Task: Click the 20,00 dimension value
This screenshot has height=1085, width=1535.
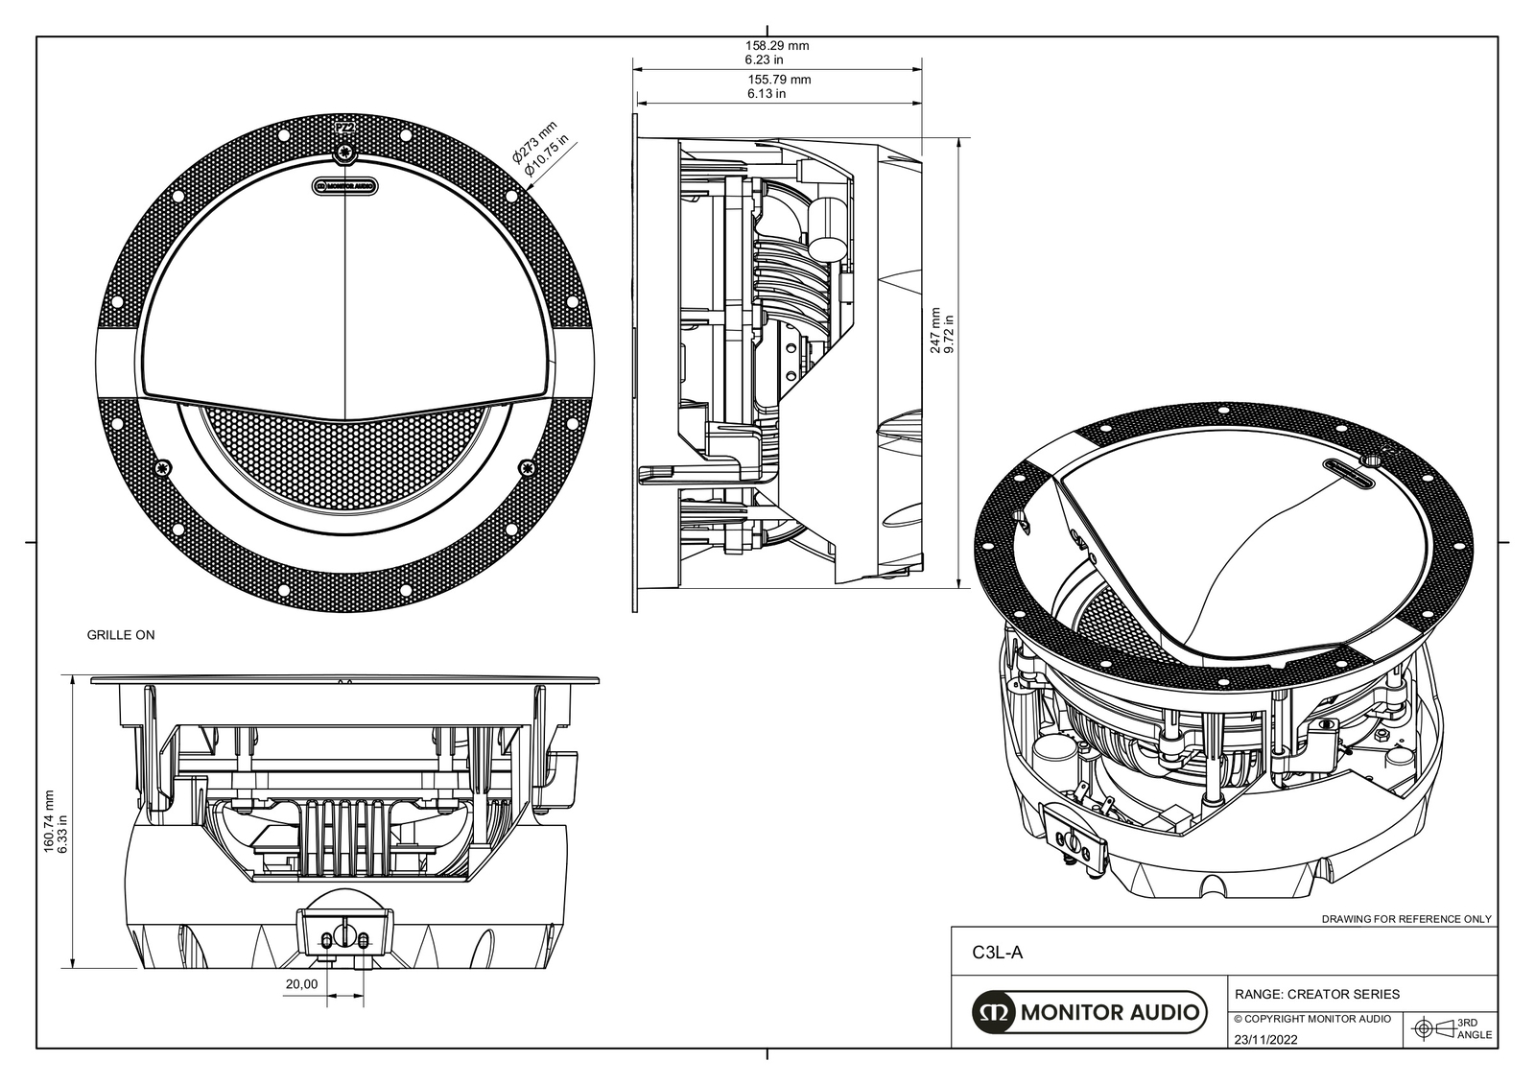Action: (x=301, y=984)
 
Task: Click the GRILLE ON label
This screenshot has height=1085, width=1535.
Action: (x=121, y=635)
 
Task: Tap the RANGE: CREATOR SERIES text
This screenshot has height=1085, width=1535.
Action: (x=1316, y=994)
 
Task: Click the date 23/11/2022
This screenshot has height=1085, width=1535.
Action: (x=1265, y=1039)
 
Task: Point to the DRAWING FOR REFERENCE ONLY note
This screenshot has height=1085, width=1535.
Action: (x=1406, y=918)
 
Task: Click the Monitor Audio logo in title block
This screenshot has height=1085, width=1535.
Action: (x=1089, y=1011)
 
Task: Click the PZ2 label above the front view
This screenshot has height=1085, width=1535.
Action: (x=343, y=127)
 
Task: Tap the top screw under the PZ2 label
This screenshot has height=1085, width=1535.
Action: (x=344, y=153)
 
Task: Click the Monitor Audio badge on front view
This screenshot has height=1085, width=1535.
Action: (x=344, y=187)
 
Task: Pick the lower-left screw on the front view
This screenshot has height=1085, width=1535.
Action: (x=166, y=468)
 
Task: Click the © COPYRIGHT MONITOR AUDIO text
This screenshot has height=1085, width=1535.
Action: (x=1311, y=1019)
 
